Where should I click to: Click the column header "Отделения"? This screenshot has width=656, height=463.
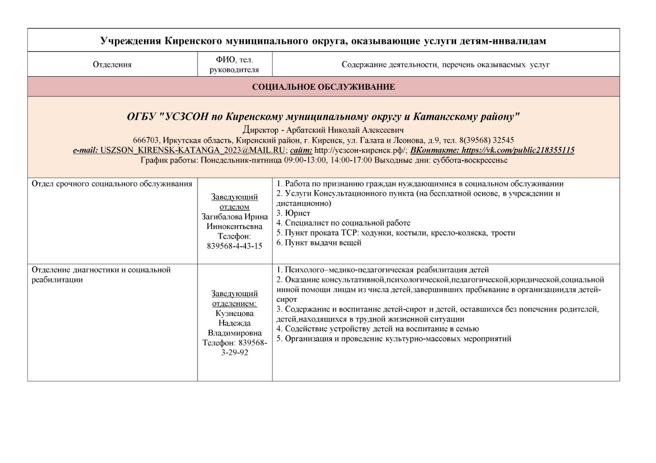pos(112,65)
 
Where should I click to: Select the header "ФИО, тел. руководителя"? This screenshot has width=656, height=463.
pos(234,65)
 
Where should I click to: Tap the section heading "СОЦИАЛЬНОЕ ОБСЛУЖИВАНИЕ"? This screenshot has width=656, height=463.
pos(323,87)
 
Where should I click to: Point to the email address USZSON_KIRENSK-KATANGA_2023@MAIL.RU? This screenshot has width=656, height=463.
pos(193,150)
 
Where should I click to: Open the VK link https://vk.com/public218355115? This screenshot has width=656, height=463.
pos(518,150)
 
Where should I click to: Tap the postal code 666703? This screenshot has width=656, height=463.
pos(146,140)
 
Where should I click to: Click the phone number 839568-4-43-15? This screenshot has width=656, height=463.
pos(234,246)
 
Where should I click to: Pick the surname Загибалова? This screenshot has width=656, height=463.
pos(221,217)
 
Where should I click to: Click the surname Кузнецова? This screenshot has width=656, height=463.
pos(234,313)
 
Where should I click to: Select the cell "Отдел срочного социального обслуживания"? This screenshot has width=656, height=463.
pos(112,184)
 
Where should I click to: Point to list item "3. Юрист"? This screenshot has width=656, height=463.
pos(293,213)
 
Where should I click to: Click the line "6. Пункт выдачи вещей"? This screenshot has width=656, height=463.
pos(319,243)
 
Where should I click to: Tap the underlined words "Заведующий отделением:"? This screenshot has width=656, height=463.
pos(234,299)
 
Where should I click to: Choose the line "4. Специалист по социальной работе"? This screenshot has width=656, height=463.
pos(343,223)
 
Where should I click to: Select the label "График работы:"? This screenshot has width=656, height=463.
pos(169,160)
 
